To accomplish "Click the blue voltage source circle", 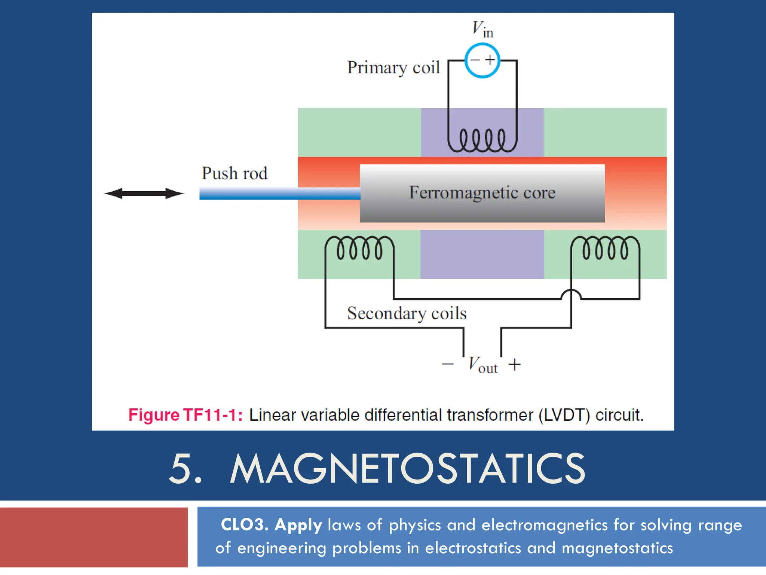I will click(482, 60).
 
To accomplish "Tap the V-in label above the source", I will click(482, 29).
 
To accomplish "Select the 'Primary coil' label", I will click(393, 68).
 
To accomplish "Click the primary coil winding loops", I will click(482, 140).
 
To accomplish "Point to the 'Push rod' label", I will click(235, 173).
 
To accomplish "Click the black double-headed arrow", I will click(144, 194).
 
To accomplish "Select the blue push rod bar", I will click(279, 194).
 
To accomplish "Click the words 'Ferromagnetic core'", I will click(482, 192).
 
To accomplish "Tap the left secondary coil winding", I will click(359, 248).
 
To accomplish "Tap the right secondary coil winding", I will click(605, 248).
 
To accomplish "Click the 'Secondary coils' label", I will click(407, 313).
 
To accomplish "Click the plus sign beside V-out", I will click(515, 364).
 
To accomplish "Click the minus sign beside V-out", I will click(448, 364).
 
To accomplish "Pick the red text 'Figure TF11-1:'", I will click(185, 415).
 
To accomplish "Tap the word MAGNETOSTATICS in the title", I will click(408, 469).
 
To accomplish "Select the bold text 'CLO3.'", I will click(245, 524).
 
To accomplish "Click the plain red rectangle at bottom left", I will click(94, 537).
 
